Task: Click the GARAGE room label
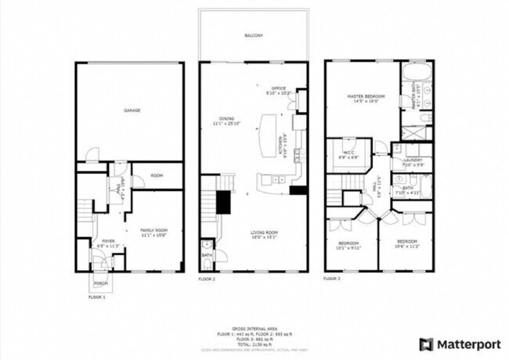(x=132, y=110)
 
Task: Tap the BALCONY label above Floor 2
(x=253, y=35)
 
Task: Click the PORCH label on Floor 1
(x=100, y=283)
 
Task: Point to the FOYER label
(x=108, y=242)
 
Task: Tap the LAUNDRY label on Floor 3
(x=413, y=161)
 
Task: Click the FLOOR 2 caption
(x=206, y=279)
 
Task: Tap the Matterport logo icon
(x=426, y=344)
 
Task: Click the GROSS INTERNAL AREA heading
(x=254, y=328)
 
